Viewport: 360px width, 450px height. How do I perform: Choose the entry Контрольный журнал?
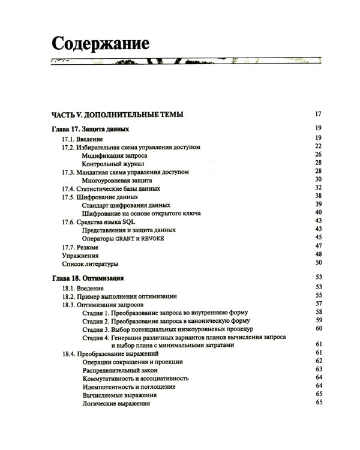click(x=113, y=163)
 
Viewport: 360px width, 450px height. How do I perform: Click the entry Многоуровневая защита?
click(x=116, y=180)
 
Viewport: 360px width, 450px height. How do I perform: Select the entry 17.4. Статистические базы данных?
click(x=111, y=188)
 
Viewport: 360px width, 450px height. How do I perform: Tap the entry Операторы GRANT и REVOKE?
click(x=122, y=238)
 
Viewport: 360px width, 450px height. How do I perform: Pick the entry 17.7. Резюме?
click(x=80, y=247)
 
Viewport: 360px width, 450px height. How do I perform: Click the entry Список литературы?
click(x=91, y=263)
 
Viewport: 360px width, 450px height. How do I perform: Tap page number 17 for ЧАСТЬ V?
click(x=319, y=114)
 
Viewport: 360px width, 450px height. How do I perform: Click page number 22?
click(x=319, y=146)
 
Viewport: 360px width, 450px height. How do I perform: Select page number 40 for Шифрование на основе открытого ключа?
click(x=319, y=213)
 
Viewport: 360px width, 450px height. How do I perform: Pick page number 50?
click(x=319, y=263)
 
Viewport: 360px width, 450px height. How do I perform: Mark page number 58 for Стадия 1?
click(x=319, y=313)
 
